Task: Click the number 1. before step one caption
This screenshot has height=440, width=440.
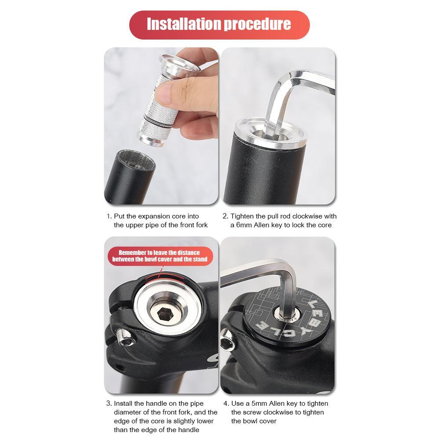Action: (109, 216)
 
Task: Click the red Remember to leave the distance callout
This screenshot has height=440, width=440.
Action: (160, 256)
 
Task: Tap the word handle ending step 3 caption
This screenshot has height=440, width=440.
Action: (189, 430)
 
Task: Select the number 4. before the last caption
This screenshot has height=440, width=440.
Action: (226, 404)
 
